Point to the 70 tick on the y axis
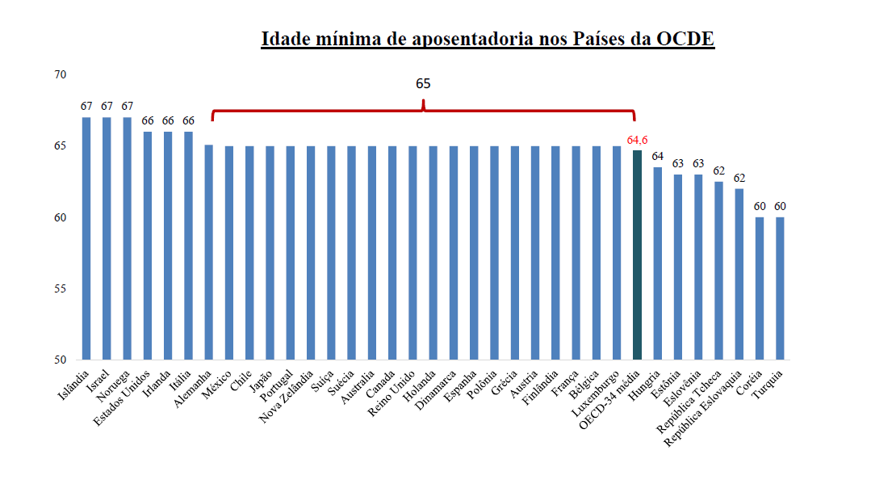coord(61,75)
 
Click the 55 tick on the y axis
coord(61,288)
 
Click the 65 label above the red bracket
coord(424,83)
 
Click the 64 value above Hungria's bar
coord(658,156)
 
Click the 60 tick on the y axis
coord(61,217)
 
